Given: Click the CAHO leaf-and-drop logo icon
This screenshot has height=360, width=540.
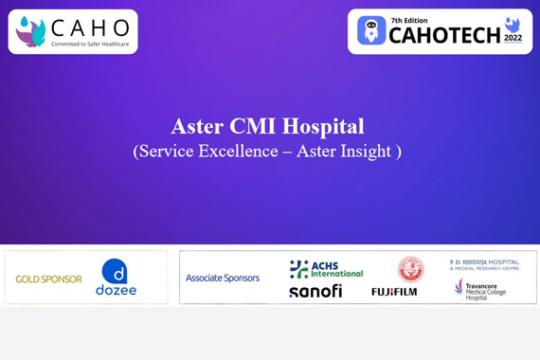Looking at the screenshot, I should pos(30,31).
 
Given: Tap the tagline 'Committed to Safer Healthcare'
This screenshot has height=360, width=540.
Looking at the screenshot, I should pos(90,44).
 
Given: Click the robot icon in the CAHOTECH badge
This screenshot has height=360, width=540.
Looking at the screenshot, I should pos(371,31).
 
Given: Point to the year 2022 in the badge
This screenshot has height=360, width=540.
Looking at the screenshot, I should pos(513,39).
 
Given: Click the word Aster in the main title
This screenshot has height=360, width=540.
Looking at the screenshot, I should pos(197,126).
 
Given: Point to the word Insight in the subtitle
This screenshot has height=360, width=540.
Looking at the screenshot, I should pos(369,151).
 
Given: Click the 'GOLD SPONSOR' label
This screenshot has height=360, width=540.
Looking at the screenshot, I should pos(48,279).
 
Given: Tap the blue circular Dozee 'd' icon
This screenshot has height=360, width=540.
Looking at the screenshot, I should pos(115,271).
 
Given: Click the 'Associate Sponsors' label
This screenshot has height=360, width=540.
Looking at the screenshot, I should pos(223,278).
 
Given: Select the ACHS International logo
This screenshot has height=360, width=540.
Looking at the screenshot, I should pos(326,269).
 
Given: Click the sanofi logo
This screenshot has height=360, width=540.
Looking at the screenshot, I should pos(315,291).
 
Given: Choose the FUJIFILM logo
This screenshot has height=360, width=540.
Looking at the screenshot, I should pos(394,292).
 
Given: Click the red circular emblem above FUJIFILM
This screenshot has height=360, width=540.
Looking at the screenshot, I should pos(410,269).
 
